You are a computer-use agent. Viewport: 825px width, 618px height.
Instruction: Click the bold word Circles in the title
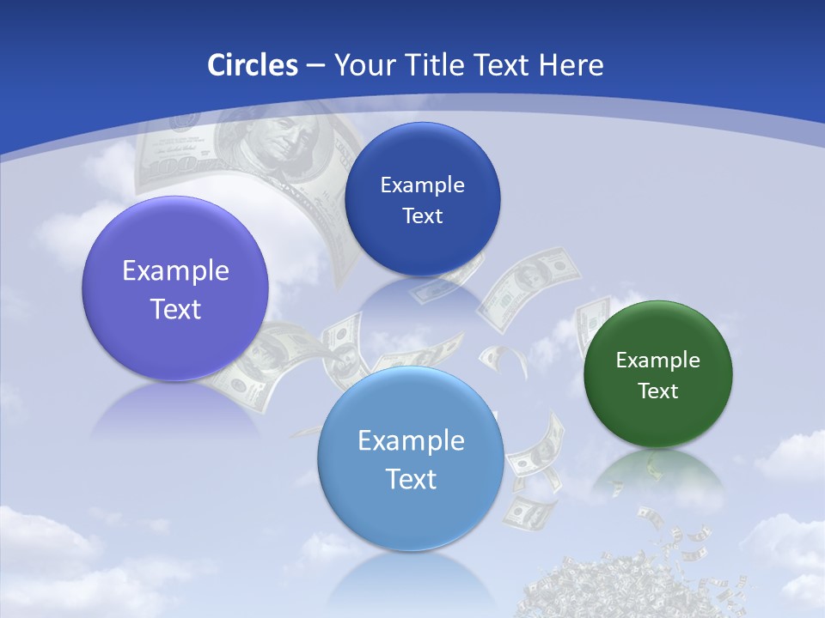click(x=252, y=64)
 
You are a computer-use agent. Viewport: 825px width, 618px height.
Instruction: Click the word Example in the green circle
click(x=658, y=360)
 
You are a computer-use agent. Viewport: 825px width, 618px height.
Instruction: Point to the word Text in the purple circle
click(x=175, y=309)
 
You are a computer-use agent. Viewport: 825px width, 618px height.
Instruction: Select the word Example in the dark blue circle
click(x=422, y=185)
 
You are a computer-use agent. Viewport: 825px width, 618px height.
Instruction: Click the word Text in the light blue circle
click(x=411, y=479)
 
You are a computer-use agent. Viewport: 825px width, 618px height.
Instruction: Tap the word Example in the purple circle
click(x=175, y=271)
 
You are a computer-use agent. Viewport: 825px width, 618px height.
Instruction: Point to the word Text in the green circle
click(x=658, y=391)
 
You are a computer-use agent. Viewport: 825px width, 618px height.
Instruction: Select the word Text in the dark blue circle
click(x=422, y=216)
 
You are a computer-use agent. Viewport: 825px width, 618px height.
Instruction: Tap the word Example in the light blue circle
click(x=411, y=441)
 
